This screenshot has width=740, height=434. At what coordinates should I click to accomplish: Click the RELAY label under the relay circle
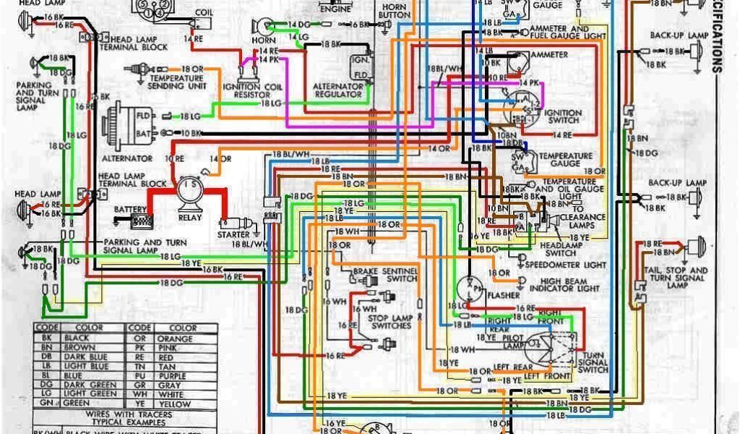[190, 216]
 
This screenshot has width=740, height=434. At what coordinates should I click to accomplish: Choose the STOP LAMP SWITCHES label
[390, 322]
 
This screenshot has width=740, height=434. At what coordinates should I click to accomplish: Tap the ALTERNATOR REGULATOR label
[337, 90]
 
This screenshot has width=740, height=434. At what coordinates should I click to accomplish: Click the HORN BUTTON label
[394, 10]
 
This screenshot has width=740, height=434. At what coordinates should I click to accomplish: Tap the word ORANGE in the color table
[176, 339]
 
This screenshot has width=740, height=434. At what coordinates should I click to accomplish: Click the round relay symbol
[190, 190]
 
